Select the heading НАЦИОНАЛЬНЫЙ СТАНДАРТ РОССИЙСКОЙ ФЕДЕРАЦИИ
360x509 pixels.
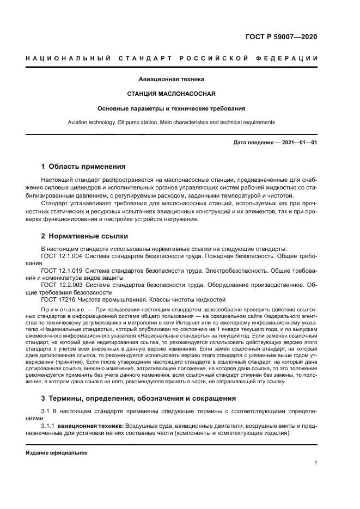[180, 58]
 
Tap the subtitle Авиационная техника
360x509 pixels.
[179, 79]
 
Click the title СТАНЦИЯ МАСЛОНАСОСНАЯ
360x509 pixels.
[179, 94]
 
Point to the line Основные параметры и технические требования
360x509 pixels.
[179, 108]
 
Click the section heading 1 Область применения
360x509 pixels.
[83, 167]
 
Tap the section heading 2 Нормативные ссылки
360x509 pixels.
[85, 237]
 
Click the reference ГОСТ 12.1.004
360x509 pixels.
[61, 255]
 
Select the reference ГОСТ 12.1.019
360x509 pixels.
[61, 269]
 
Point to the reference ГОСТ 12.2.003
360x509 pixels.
[61, 284]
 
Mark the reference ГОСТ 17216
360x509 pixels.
[56, 299]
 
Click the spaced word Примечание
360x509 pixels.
[60, 309]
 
